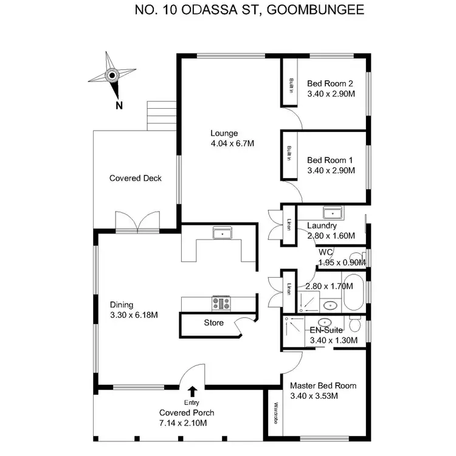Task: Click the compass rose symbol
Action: (x=112, y=76)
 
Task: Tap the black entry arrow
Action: (x=193, y=391)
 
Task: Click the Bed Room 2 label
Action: (x=330, y=83)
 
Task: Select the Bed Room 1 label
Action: (x=330, y=160)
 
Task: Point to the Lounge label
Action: (x=224, y=133)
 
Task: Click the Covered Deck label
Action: (x=135, y=178)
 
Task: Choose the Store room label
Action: (x=213, y=323)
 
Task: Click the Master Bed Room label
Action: (x=323, y=385)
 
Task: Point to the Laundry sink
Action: (x=333, y=213)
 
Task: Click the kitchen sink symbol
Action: (x=221, y=233)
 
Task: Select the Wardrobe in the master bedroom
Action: (x=275, y=413)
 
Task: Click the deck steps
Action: (x=161, y=115)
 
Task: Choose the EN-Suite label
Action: (x=327, y=330)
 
